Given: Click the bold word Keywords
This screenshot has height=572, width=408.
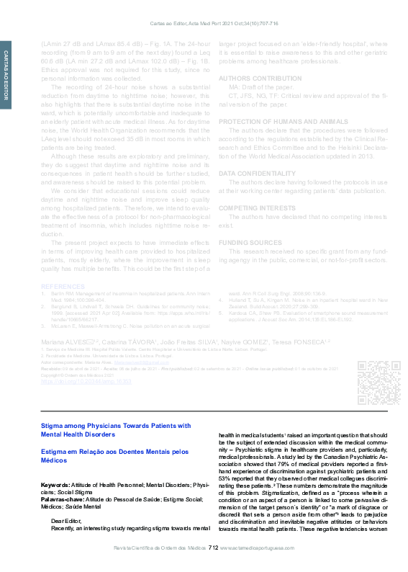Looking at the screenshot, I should click(55, 486).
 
